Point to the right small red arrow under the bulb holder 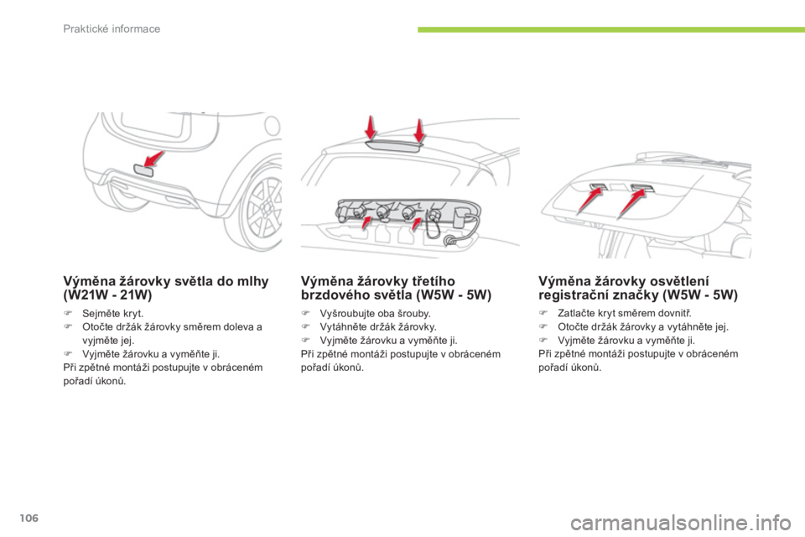[x=417, y=224]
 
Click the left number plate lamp [x=598, y=185]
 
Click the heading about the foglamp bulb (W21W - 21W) [x=165, y=288]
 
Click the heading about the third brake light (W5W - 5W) [x=396, y=288]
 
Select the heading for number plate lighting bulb [x=637, y=288]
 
